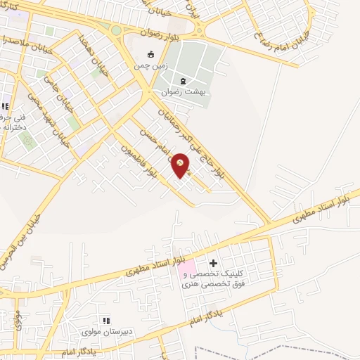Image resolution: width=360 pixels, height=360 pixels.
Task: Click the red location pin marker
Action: (x=181, y=165)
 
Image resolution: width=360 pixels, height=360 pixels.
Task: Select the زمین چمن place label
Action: (x=149, y=66)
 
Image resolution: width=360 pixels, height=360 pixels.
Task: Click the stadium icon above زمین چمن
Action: (x=150, y=55)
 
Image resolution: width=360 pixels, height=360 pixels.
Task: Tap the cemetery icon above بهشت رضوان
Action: (x=183, y=80)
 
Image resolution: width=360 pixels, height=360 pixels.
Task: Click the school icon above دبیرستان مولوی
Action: (x=105, y=320)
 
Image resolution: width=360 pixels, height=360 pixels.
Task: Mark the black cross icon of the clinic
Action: (x=214, y=262)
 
